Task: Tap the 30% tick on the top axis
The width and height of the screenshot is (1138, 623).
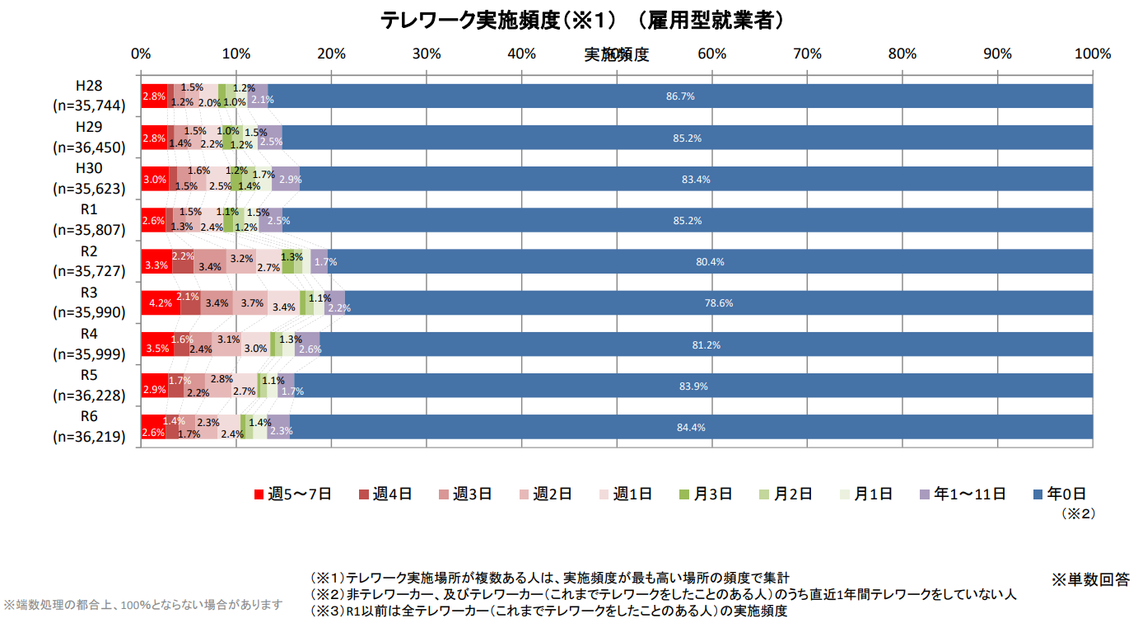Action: tap(427, 54)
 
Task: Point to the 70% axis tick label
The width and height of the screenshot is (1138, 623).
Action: tap(807, 54)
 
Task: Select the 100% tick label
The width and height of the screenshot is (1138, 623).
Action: tap(1093, 54)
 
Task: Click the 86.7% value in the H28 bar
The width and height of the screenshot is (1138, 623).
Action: tap(680, 96)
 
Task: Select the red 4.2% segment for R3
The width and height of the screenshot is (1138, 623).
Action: tap(161, 303)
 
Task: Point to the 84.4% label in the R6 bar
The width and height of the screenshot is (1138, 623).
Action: tap(691, 428)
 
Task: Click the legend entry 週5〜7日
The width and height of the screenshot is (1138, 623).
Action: tap(293, 494)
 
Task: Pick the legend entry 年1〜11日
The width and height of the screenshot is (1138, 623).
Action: tap(963, 494)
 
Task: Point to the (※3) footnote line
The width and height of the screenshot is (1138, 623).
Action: tap(548, 611)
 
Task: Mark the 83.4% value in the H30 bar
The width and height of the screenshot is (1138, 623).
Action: tap(696, 180)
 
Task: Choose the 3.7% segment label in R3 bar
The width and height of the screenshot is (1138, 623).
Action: tap(252, 304)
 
